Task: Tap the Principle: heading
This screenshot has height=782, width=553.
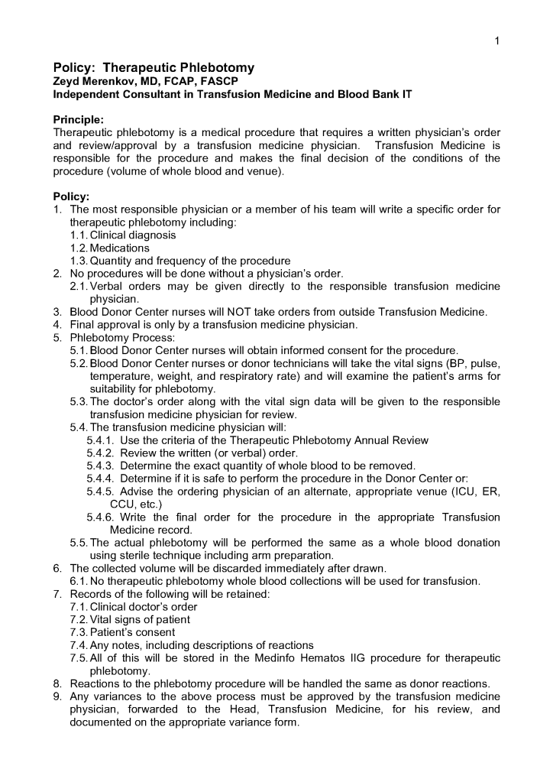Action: [78, 120]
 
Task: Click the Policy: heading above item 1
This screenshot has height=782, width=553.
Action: [71, 196]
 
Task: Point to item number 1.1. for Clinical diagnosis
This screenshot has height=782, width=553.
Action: [79, 235]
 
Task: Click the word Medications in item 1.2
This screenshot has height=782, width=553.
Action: [120, 248]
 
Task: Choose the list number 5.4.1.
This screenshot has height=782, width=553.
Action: [100, 440]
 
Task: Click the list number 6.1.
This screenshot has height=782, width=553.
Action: [79, 581]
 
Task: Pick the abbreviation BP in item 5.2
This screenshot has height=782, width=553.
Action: [415, 363]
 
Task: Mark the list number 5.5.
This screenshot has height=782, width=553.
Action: [79, 543]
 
